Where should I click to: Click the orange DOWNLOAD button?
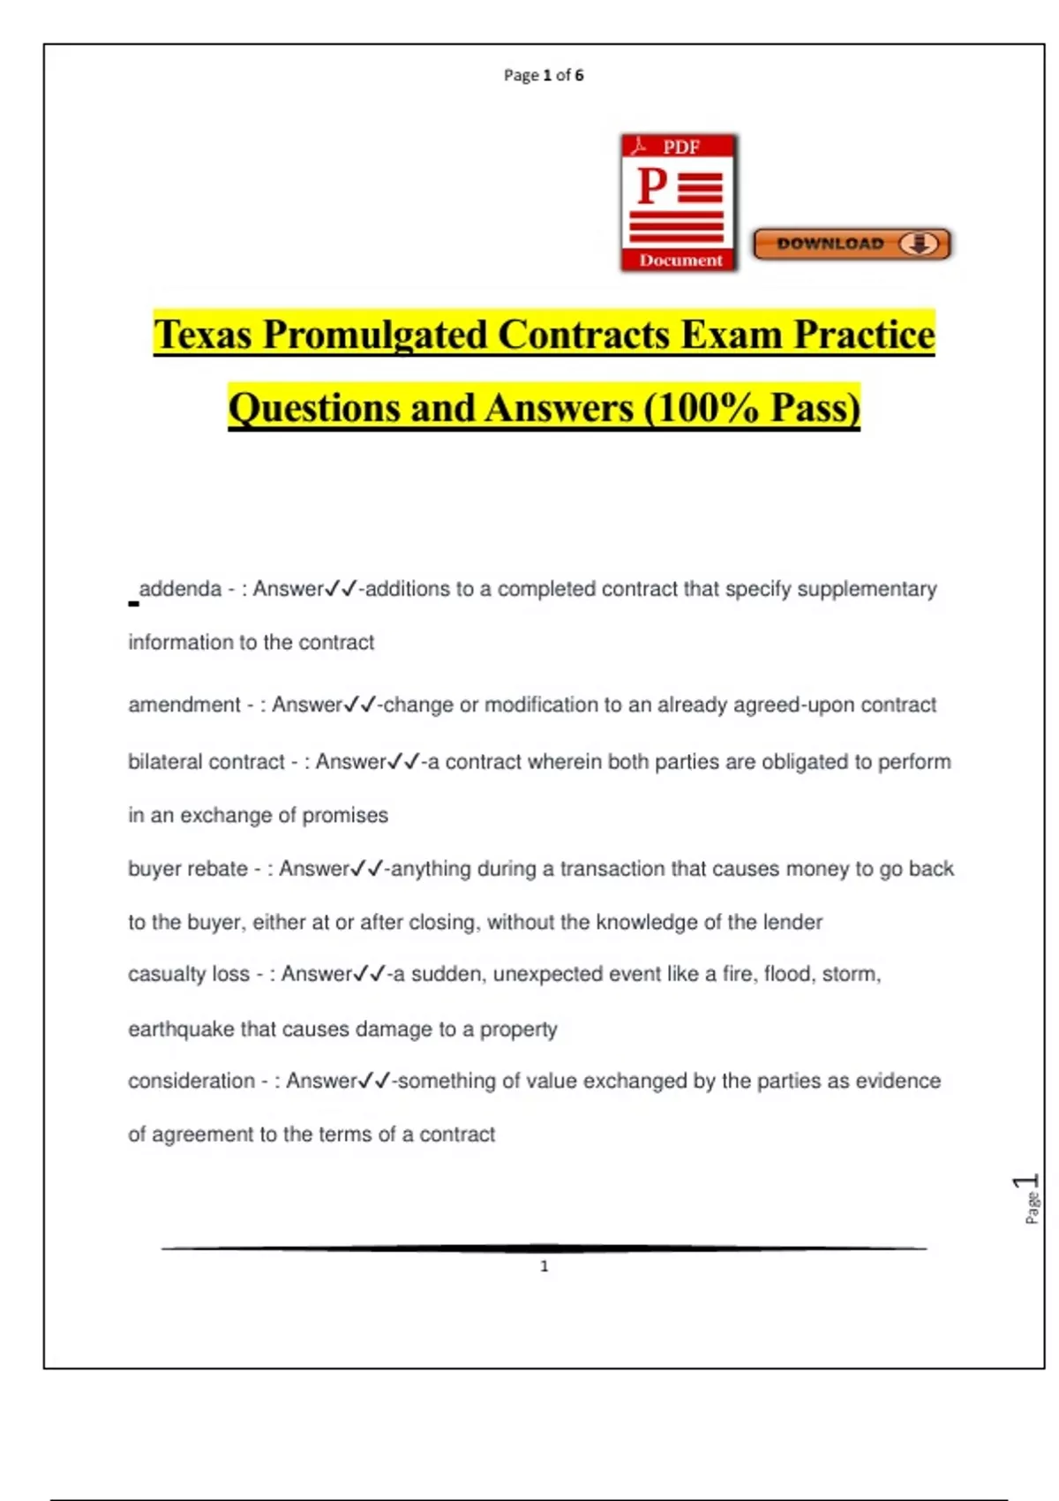coord(852,244)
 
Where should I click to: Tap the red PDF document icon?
coord(679,203)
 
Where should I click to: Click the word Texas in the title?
coord(203,335)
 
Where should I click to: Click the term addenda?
coord(180,589)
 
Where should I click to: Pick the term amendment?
coord(184,705)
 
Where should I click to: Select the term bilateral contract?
coord(206,762)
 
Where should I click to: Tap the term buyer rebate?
coord(187,869)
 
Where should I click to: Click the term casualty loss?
coord(188,974)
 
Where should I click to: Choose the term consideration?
coord(191,1081)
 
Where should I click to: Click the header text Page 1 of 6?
coord(544,75)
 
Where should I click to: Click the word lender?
coord(792,923)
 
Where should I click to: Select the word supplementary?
coord(867,589)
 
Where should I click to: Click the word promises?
coord(345,815)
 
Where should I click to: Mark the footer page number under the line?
coord(544,1266)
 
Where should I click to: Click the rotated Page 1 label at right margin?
coord(1029,1198)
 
